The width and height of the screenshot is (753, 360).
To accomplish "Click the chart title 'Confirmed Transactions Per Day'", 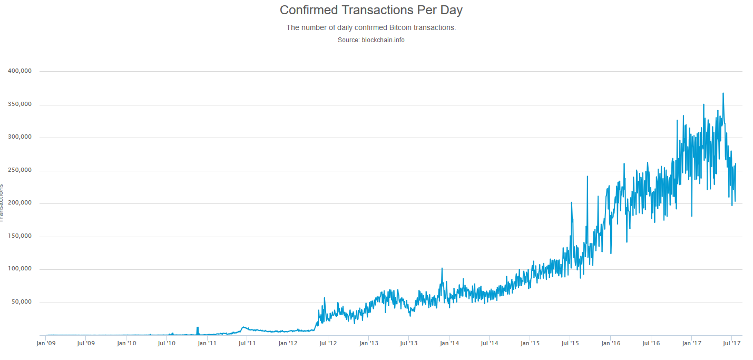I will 371,10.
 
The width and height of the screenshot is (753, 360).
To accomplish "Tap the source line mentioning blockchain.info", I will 371,40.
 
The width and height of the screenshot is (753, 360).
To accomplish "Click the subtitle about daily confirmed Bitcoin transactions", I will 371,27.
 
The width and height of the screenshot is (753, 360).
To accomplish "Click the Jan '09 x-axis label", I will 45,343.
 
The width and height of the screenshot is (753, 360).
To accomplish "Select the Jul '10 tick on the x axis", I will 167,343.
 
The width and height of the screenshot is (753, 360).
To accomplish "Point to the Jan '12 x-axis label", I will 288,343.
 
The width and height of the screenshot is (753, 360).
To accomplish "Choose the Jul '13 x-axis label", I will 408,343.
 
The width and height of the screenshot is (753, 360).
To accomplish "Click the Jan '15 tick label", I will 530,343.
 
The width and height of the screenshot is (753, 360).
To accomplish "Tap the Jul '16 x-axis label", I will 651,343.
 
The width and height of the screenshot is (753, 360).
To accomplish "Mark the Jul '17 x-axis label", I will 731,343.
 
